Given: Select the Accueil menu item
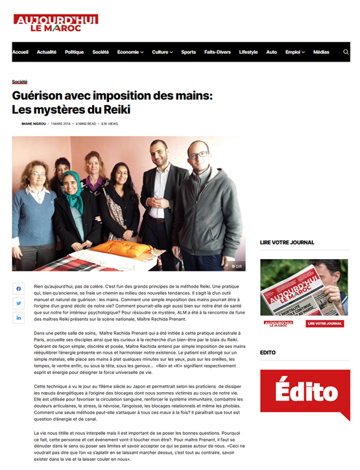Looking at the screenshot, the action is pyautogui.click(x=20, y=52).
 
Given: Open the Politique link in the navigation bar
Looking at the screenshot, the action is pyautogui.click(x=74, y=52).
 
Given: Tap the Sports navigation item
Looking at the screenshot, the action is pyautogui.click(x=188, y=52).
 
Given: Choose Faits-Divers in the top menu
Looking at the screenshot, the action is pyautogui.click(x=217, y=52).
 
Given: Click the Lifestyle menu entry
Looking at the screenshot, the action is pyautogui.click(x=248, y=52).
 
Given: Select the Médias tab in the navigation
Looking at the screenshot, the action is pyautogui.click(x=321, y=52).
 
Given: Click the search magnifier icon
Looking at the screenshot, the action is pyautogui.click(x=346, y=52).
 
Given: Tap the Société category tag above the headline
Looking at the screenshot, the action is pyautogui.click(x=19, y=82).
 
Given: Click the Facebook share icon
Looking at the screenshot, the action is pyautogui.click(x=18, y=288).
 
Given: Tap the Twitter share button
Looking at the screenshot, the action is pyautogui.click(x=18, y=303).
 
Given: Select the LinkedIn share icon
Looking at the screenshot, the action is pyautogui.click(x=18, y=317).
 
